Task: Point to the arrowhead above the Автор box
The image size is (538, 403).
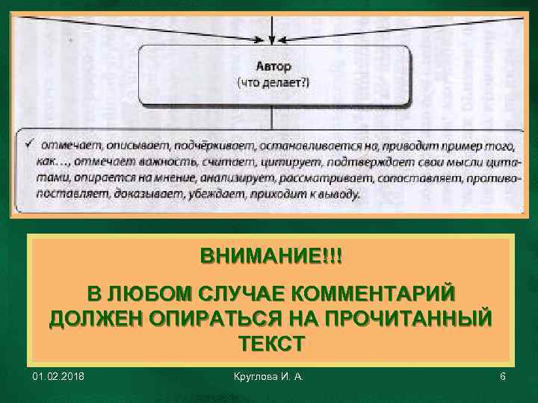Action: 273,40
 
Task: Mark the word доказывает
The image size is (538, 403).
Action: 143,196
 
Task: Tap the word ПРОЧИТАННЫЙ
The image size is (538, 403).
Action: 404,318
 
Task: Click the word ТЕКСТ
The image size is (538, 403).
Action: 271,344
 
